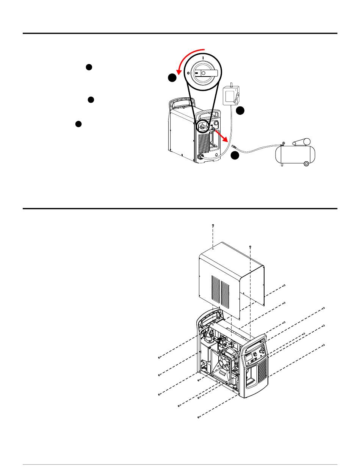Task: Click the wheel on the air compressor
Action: [306, 163]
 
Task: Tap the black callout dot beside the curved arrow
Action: [172, 78]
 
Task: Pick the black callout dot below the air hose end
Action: [235, 155]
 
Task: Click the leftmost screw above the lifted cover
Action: [213, 226]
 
